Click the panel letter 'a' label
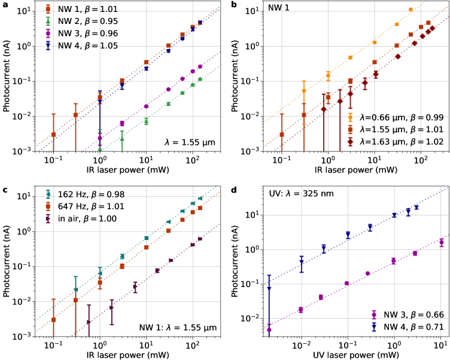pos(4,5)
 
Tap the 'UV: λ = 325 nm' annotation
pos(300,195)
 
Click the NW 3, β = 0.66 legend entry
pos(408,315)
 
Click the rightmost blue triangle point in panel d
pos(416,208)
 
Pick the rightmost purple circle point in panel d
pos(441,242)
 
